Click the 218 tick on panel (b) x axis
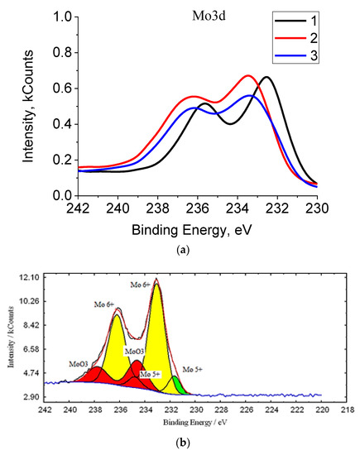coord(347,408)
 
